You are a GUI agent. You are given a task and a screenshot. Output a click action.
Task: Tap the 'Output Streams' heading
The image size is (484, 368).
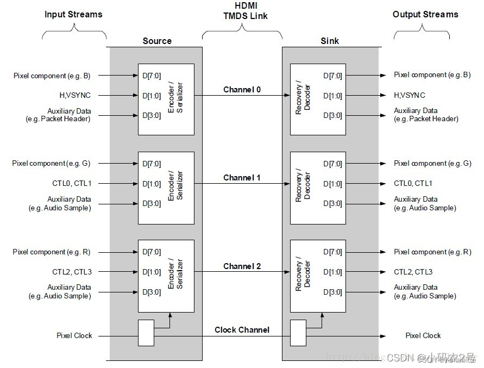pyautogui.click(x=425, y=15)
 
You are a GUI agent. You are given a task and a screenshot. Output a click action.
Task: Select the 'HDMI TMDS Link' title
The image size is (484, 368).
pyautogui.click(x=246, y=10)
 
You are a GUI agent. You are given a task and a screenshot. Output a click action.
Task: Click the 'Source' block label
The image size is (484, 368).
pyautogui.click(x=157, y=41)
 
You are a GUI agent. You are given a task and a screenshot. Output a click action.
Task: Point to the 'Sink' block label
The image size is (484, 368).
pyautogui.click(x=330, y=41)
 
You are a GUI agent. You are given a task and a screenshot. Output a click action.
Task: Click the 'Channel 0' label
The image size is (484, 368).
pyautogui.click(x=242, y=90)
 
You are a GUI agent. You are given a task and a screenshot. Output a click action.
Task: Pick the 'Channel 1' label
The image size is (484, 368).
pyautogui.click(x=242, y=178)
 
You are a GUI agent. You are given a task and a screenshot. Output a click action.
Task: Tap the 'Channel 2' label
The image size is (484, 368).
pyautogui.click(x=242, y=266)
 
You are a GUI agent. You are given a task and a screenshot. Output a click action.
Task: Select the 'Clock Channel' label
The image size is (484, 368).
pyautogui.click(x=242, y=330)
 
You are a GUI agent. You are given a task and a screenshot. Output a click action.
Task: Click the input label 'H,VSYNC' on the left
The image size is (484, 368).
pyautogui.click(x=75, y=96)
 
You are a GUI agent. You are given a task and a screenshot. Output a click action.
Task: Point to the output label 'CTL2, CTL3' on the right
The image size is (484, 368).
pyautogui.click(x=413, y=272)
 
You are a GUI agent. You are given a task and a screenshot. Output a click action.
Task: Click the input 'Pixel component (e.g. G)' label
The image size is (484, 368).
pyautogui.click(x=52, y=164)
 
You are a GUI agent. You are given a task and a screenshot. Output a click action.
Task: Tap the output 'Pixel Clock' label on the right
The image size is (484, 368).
pyautogui.click(x=423, y=336)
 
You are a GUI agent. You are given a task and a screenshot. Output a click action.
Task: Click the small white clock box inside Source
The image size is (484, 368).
pyautogui.click(x=146, y=333)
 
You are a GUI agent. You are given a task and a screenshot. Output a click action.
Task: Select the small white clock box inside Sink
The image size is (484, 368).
pyautogui.click(x=298, y=333)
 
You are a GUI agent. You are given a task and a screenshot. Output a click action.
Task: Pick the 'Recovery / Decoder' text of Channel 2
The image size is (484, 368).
pyautogui.click(x=303, y=276)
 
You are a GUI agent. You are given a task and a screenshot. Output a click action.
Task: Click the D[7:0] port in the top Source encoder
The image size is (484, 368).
pyautogui.click(x=152, y=76)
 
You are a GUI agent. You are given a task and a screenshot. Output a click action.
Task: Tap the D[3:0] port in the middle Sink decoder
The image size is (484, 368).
pyautogui.click(x=332, y=204)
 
